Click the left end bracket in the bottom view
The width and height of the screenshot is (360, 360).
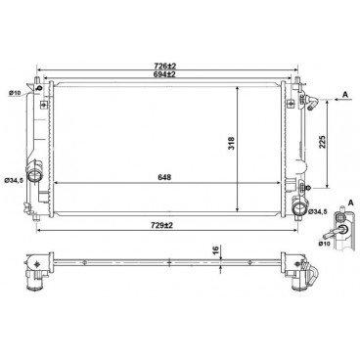(x=38, y=263)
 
